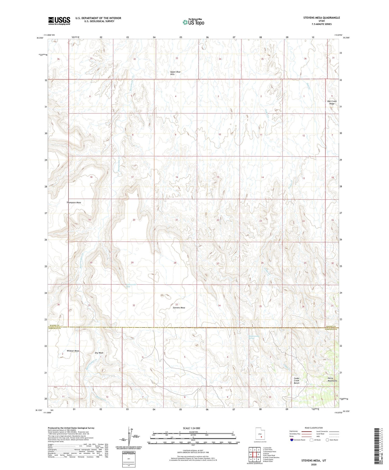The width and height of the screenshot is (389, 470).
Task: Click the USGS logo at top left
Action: (59, 21)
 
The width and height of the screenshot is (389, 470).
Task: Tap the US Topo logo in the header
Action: (193, 22)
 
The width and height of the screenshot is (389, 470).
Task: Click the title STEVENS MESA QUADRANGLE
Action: (318, 18)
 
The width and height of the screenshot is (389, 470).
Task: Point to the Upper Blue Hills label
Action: (175, 73)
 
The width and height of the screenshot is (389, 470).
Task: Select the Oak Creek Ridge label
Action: (332, 102)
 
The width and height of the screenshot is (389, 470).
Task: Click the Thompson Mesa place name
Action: (74, 202)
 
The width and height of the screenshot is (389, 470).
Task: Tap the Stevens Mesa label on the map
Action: (179, 308)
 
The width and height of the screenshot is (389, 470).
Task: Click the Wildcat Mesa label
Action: (73, 351)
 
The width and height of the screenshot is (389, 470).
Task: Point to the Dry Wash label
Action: (99, 353)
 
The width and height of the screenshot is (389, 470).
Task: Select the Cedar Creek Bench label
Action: (296, 381)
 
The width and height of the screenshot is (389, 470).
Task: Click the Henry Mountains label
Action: (332, 379)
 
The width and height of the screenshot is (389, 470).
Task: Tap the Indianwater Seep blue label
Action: (131, 285)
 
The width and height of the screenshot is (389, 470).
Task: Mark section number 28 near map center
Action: (175, 263)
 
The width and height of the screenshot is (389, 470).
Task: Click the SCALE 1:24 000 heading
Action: (191, 428)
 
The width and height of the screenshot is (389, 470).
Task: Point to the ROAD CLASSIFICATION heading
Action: (314, 428)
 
